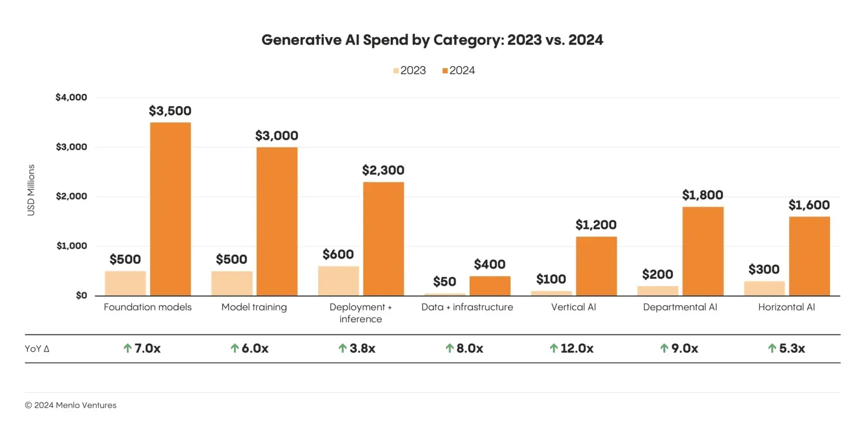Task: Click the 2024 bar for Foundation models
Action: click(x=170, y=209)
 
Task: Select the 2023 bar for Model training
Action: click(x=232, y=283)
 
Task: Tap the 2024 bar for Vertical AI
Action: click(x=596, y=266)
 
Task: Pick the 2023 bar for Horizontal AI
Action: click(x=764, y=288)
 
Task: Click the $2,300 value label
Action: click(x=383, y=170)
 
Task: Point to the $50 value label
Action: click(x=445, y=282)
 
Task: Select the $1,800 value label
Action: click(x=702, y=195)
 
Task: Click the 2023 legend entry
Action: click(x=409, y=70)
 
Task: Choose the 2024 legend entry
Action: click(x=458, y=70)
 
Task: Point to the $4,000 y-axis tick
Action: click(x=71, y=97)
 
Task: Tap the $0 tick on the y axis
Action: click(x=81, y=296)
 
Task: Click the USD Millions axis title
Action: click(x=31, y=190)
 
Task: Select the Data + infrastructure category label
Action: click(x=467, y=307)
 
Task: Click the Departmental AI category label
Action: click(x=680, y=307)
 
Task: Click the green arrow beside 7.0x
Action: click(x=127, y=349)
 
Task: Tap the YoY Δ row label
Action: click(x=37, y=349)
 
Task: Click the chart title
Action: click(x=432, y=41)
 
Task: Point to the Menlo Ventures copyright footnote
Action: click(x=70, y=405)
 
